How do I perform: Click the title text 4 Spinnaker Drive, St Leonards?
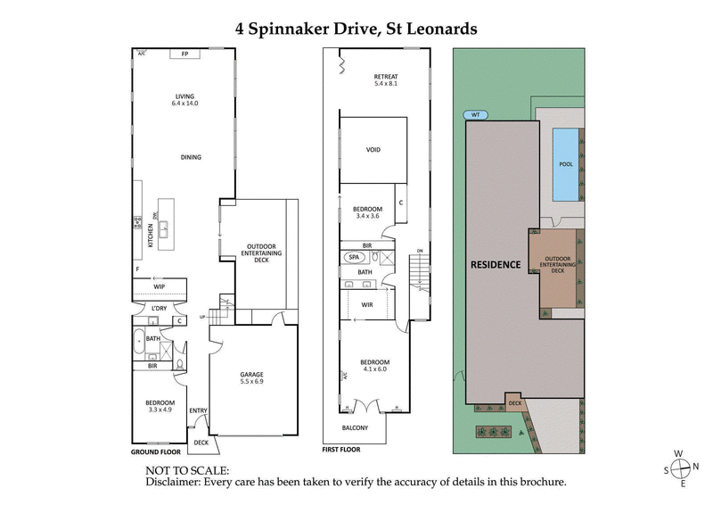point(356,29)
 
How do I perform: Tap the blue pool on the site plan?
point(563,165)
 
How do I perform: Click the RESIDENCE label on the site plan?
point(495,265)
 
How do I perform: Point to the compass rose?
point(683,468)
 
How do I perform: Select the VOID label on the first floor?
point(373,149)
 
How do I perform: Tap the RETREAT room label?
point(385,77)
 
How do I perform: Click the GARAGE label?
point(251,374)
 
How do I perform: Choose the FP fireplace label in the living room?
point(184,54)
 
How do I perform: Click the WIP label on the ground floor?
point(160,286)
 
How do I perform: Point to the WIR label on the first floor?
point(366,304)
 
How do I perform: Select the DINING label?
point(190,157)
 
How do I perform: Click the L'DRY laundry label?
point(160,308)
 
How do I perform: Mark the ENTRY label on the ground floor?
point(198,410)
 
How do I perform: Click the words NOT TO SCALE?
point(187,469)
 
